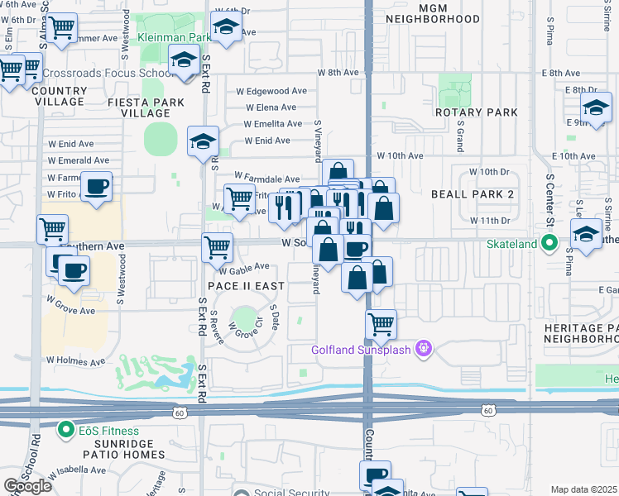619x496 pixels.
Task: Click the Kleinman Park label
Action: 172,38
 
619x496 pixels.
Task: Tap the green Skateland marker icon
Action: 548,243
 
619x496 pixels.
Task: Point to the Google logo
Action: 26,486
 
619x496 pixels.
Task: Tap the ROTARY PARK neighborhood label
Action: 476,112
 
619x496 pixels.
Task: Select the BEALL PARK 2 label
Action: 472,193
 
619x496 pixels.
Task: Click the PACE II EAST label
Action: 246,286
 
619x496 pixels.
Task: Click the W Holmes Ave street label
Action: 75,361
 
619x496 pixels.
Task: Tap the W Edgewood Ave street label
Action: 271,92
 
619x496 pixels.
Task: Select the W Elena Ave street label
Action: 270,107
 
